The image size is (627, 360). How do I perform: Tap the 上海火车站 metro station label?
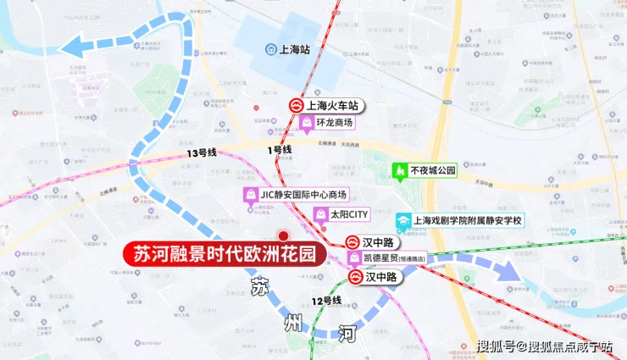coord(331,106)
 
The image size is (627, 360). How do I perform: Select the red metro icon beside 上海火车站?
coord(295,106)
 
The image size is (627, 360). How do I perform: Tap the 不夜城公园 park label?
coord(432,170)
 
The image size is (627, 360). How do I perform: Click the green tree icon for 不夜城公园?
coord(399,170)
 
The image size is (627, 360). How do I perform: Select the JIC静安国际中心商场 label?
coord(303,195)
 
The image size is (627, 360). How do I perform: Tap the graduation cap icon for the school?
coord(404,220)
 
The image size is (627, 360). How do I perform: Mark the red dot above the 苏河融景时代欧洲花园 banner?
coord(283,235)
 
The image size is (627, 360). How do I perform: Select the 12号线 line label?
coord(326,301)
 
